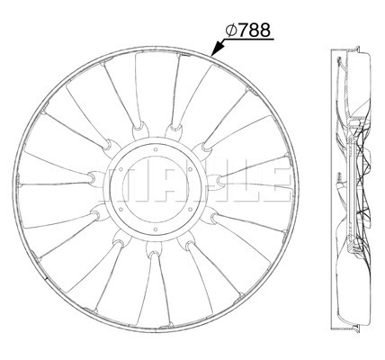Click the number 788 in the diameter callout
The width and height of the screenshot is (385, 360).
click(x=255, y=31)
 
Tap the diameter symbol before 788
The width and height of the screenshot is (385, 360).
click(x=231, y=31)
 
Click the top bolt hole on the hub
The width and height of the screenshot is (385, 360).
click(x=155, y=149)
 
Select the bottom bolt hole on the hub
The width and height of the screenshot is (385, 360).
click(x=155, y=229)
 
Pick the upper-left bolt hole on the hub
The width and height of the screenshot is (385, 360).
click(x=121, y=169)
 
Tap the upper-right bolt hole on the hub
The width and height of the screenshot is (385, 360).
click(x=190, y=169)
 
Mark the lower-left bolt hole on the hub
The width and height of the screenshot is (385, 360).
click(x=121, y=210)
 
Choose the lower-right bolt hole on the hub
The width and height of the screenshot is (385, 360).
click(x=190, y=210)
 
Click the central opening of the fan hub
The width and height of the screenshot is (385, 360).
click(x=155, y=190)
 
